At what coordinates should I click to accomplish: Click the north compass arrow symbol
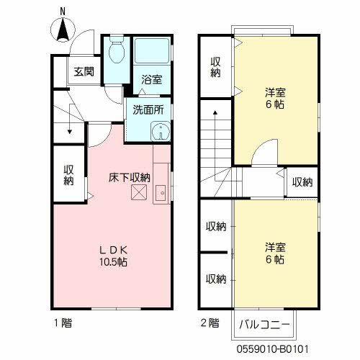[x=63, y=31]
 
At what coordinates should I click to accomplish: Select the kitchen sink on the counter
[x=161, y=192]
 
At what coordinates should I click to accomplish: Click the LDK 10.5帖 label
[x=114, y=256]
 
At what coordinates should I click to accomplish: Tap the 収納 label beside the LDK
[x=69, y=175]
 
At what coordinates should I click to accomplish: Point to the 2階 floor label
[x=209, y=323]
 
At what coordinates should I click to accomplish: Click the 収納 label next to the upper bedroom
[x=215, y=68]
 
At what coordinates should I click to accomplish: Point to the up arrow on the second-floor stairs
[x=215, y=115]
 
